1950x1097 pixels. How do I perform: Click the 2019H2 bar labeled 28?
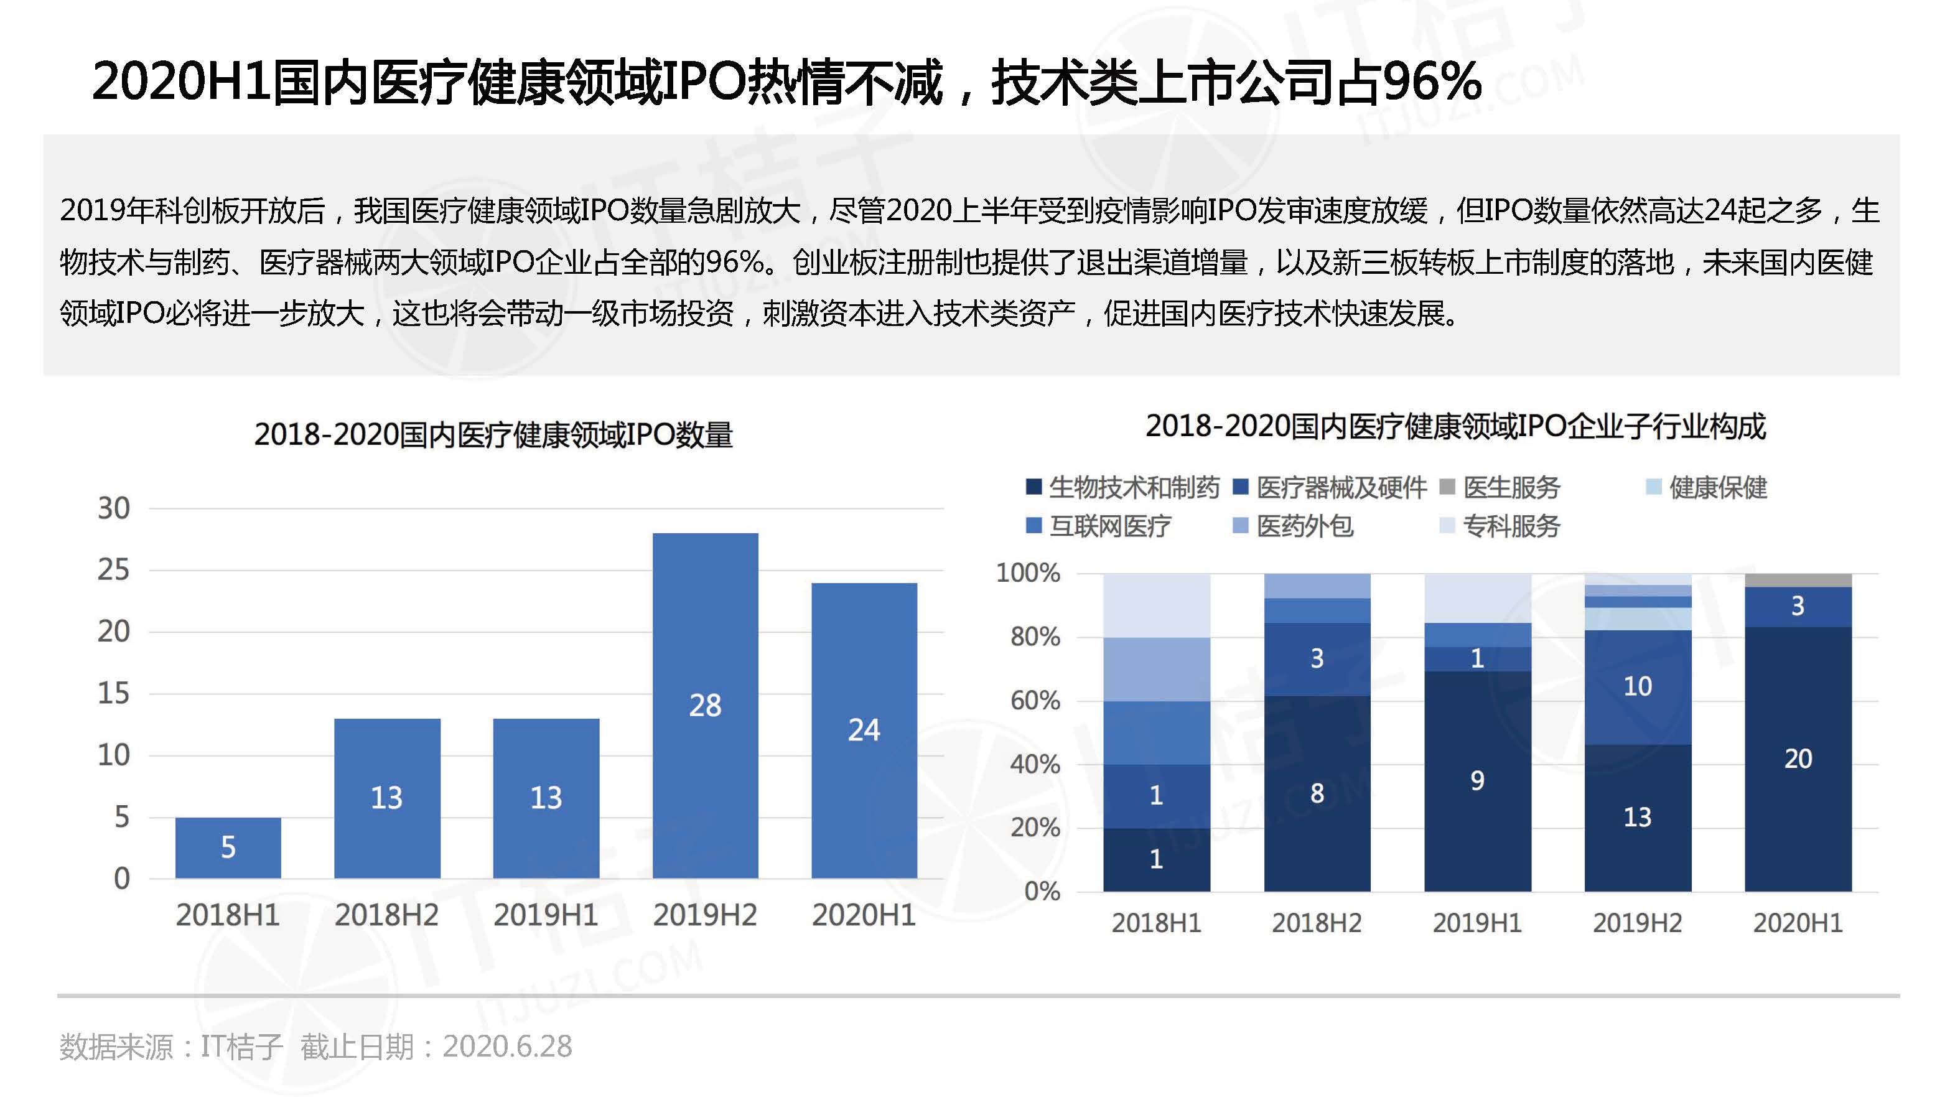click(705, 705)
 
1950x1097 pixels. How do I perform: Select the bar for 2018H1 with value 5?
click(228, 846)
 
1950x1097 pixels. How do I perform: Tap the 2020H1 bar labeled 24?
click(864, 730)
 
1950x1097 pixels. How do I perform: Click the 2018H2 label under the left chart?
click(387, 915)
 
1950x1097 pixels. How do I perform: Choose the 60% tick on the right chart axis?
click(1035, 700)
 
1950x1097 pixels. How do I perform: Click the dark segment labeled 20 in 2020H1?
click(1798, 759)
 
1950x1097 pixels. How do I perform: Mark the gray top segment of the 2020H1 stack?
click(1798, 581)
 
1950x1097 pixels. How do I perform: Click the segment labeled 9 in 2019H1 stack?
click(1477, 780)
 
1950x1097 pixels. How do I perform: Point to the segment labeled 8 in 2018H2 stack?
click(1317, 793)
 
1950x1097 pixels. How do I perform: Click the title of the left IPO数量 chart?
click(493, 434)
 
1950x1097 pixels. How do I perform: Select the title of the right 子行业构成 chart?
click(1455, 427)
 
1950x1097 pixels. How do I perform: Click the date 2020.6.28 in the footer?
click(507, 1046)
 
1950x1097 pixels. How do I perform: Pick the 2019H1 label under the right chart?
click(1477, 923)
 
